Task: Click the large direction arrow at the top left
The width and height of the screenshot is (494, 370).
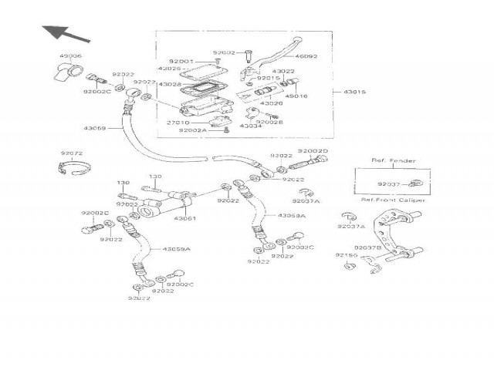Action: [x=61, y=32]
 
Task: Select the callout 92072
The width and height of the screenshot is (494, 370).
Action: [x=69, y=153]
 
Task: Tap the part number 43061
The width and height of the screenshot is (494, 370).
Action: [x=185, y=218]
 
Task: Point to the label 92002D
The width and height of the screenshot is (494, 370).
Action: [x=313, y=152]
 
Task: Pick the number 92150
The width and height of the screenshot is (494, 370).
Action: [x=346, y=254]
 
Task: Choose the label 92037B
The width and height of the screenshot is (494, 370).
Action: [x=367, y=248]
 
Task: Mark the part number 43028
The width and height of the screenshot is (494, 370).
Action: [x=171, y=84]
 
